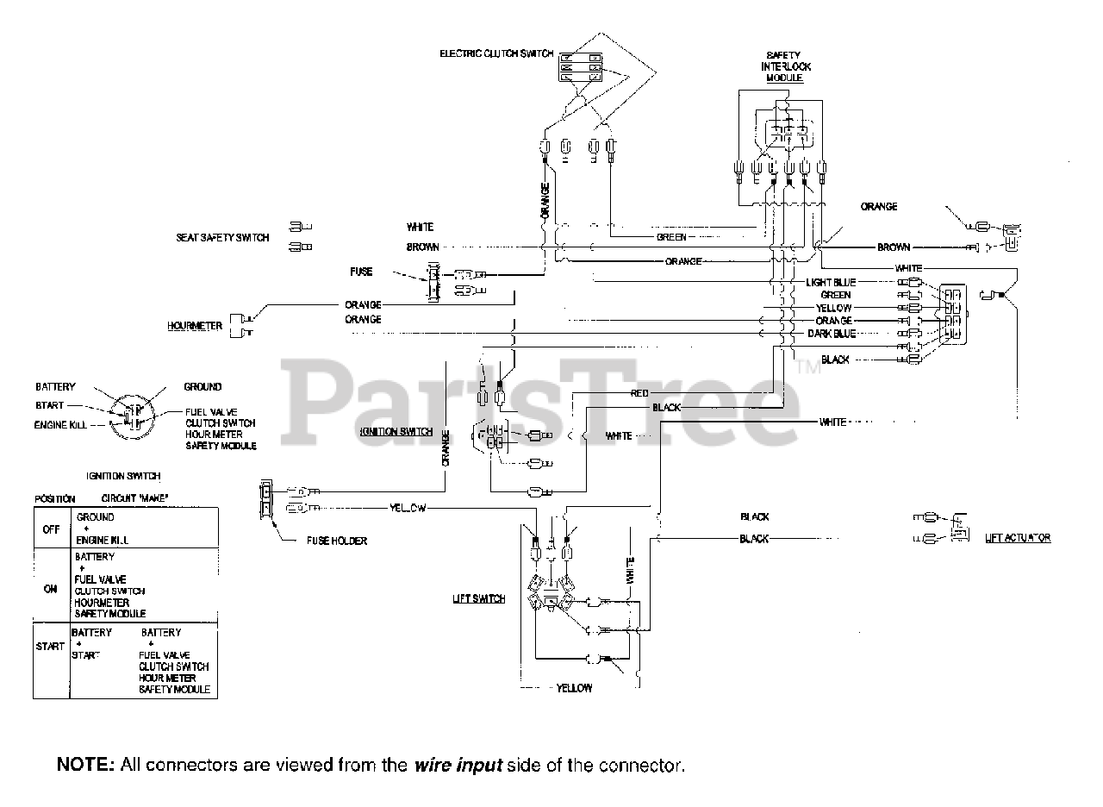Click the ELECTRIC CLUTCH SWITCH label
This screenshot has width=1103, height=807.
click(x=495, y=53)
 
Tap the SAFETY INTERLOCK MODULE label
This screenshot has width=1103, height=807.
click(x=784, y=66)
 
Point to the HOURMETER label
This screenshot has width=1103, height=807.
click(x=195, y=326)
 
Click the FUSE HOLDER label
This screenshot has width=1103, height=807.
click(x=337, y=541)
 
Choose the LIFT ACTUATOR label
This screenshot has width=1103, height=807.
click(x=1017, y=538)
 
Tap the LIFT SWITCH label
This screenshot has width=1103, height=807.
click(x=479, y=598)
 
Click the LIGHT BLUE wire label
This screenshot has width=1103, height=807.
click(x=831, y=282)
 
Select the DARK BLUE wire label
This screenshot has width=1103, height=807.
click(x=831, y=333)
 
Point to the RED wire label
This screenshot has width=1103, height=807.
click(x=639, y=393)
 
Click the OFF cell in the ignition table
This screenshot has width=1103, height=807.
click(x=51, y=529)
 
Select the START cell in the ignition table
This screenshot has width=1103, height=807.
click(x=51, y=646)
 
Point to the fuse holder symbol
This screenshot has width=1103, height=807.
click(x=266, y=498)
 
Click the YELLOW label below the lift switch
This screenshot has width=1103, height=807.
click(x=574, y=688)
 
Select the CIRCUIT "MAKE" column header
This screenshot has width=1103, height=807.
click(x=134, y=498)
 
